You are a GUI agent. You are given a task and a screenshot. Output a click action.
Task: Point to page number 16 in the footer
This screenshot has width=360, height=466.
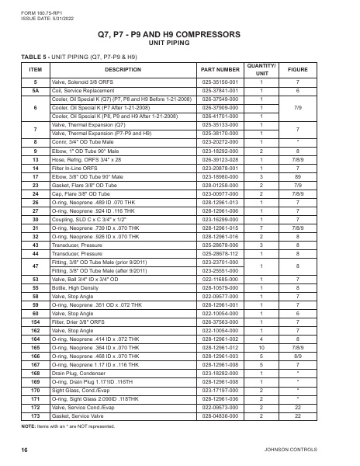click(x=24, y=450)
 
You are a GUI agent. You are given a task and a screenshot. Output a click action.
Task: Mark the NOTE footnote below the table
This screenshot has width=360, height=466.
click(x=78, y=426)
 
